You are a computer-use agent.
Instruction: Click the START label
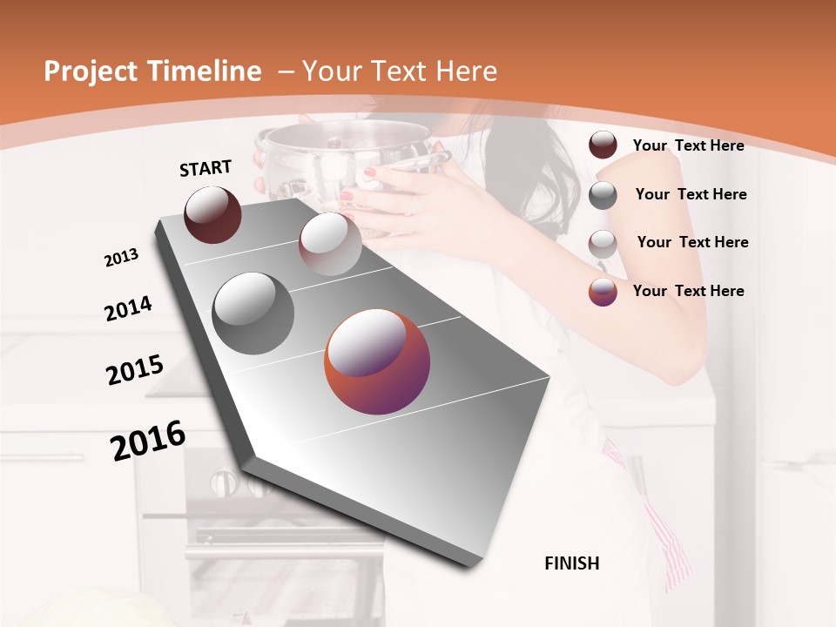(206, 168)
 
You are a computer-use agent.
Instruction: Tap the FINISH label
(572, 563)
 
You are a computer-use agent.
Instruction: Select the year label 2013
(122, 258)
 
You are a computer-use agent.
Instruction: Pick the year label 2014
(128, 308)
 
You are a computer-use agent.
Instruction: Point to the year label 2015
(135, 369)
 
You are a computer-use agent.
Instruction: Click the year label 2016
(148, 441)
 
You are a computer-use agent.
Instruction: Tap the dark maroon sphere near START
(212, 214)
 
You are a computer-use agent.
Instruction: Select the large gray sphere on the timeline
(253, 313)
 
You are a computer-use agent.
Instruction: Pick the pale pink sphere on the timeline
(330, 244)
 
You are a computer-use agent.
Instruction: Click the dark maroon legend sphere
(603, 145)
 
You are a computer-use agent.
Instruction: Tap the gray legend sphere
(603, 195)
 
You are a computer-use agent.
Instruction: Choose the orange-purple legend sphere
(603, 292)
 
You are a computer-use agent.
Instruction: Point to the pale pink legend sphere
(603, 244)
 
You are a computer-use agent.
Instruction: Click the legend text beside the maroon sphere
(688, 145)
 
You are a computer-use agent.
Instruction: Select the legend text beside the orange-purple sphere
(688, 291)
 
